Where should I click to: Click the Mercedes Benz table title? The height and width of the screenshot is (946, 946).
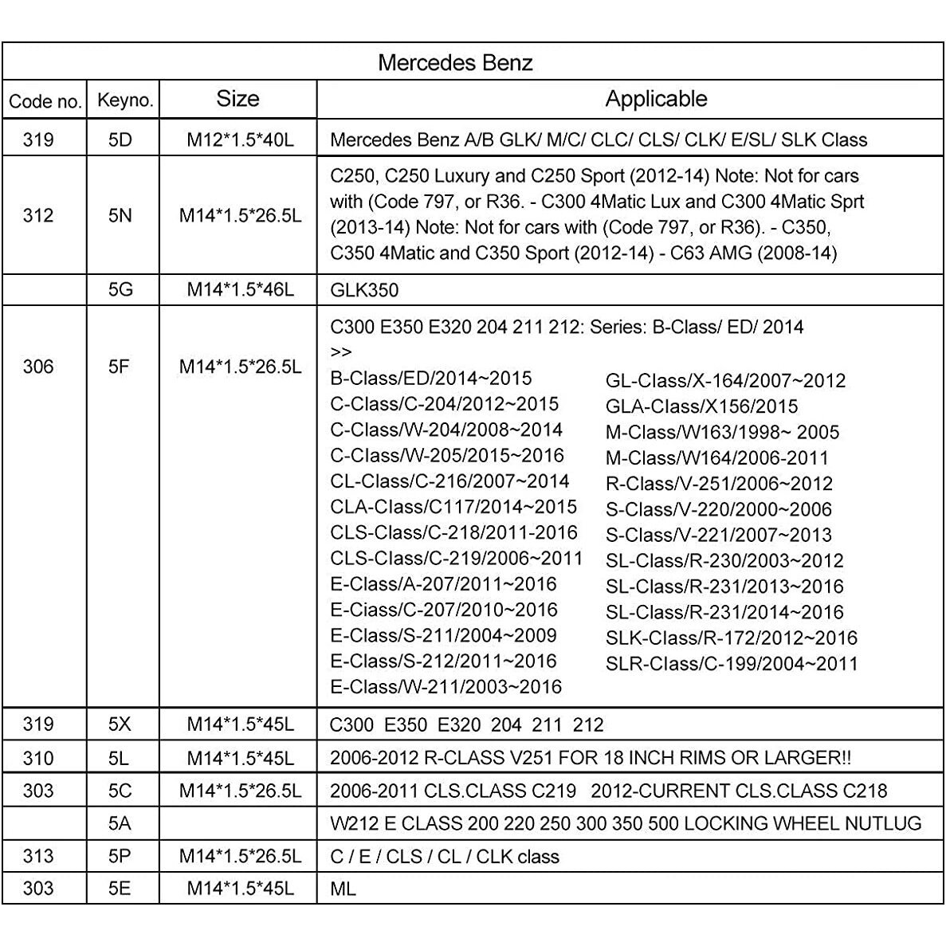tap(455, 62)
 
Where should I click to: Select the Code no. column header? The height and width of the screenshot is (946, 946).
tap(45, 101)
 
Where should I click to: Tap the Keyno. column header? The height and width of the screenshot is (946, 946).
tap(124, 100)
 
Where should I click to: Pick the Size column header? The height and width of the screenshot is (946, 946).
tap(237, 99)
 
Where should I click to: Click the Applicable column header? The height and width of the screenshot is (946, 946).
tap(656, 99)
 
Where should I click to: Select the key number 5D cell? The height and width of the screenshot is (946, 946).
tap(120, 139)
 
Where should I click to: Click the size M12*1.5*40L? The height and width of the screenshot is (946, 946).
tap(240, 139)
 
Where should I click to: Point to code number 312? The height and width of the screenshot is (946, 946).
tap(38, 215)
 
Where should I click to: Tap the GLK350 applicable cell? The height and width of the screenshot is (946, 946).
tap(364, 290)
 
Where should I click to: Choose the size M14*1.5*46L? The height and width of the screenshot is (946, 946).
tap(240, 289)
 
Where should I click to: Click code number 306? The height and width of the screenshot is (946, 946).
tap(38, 367)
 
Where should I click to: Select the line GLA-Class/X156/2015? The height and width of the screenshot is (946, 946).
tap(701, 406)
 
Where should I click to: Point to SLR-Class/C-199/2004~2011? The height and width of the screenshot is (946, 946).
tap(732, 664)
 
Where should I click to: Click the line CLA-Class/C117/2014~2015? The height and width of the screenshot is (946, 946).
tap(453, 507)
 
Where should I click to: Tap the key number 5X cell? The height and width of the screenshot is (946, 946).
tap(120, 724)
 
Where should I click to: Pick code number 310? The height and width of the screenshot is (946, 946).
tap(38, 757)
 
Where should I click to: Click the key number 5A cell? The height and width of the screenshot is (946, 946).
tap(120, 823)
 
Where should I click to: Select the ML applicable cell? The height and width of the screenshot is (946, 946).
tap(343, 888)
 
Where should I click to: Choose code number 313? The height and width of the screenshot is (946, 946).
tap(38, 856)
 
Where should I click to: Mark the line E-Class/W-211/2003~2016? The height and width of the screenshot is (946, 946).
tap(446, 687)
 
